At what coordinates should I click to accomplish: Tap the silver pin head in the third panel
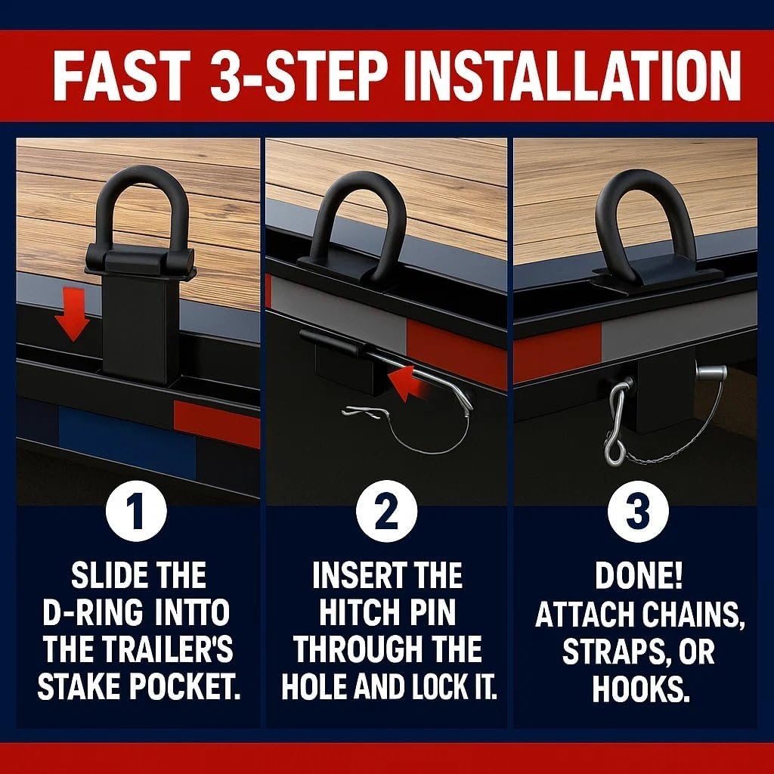click(711, 373)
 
